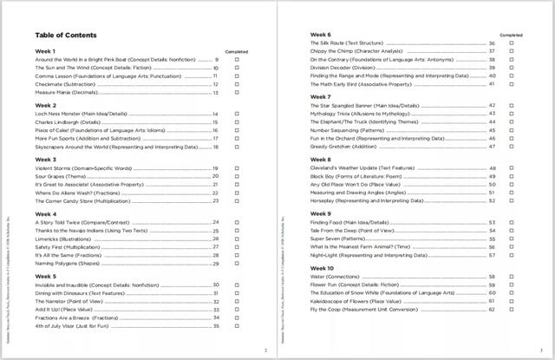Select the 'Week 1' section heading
pyautogui.click(x=45, y=52)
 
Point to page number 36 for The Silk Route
pyautogui.click(x=492, y=43)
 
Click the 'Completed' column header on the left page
pyautogui.click(x=236, y=52)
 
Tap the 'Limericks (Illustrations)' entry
pyautogui.click(x=67, y=239)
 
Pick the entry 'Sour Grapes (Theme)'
pyautogui.click(x=62, y=176)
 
